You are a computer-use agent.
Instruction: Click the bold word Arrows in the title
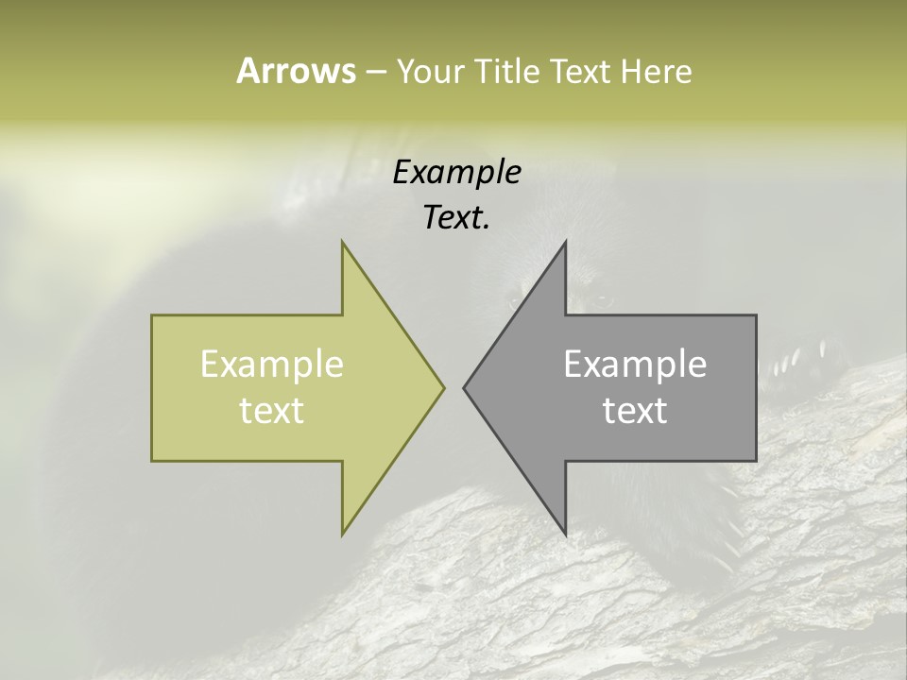[295, 71]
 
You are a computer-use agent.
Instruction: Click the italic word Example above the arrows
[456, 173]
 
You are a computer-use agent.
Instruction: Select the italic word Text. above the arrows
[456, 218]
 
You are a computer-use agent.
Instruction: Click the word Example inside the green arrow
[272, 365]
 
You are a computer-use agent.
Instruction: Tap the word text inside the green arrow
[272, 410]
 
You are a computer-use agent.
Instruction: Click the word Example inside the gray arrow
[635, 365]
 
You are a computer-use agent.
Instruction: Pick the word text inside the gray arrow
[635, 410]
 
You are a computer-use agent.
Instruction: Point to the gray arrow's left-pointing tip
[465, 387]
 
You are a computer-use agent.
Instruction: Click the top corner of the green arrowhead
[343, 244]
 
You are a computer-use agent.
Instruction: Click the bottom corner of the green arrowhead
[343, 533]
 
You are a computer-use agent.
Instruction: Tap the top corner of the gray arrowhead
[565, 244]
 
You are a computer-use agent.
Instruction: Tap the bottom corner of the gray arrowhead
[565, 533]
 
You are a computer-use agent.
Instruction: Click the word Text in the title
[579, 71]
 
